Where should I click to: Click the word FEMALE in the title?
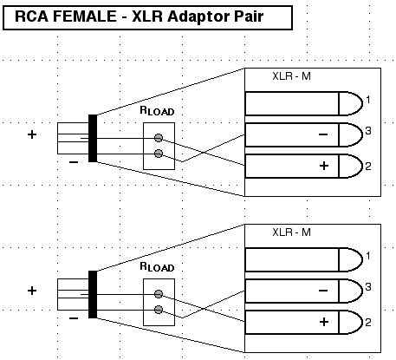pyautogui.click(x=84, y=16)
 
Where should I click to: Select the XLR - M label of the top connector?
pyautogui.click(x=291, y=76)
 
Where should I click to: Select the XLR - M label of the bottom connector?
pyautogui.click(x=291, y=232)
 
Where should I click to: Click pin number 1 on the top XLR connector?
pyautogui.click(x=367, y=100)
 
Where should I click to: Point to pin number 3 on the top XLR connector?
pyautogui.click(x=368, y=131)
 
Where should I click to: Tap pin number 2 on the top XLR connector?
pyautogui.click(x=368, y=167)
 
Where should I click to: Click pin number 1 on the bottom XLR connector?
pyautogui.click(x=367, y=256)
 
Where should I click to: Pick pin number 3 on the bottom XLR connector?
pyautogui.click(x=368, y=287)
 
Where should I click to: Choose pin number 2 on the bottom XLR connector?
pyautogui.click(x=368, y=323)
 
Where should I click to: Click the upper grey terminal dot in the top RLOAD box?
pyautogui.click(x=159, y=138)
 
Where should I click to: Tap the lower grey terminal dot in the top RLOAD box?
pyautogui.click(x=159, y=154)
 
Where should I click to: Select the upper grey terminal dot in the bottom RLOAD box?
pyautogui.click(x=159, y=294)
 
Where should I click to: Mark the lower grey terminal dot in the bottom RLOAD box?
pyautogui.click(x=159, y=310)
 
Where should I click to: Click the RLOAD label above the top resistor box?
pyautogui.click(x=157, y=111)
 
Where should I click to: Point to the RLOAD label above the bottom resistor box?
pyautogui.click(x=157, y=267)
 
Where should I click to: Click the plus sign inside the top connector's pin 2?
pyautogui.click(x=324, y=166)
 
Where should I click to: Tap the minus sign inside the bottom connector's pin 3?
pyautogui.click(x=323, y=291)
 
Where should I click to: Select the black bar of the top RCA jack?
pyautogui.click(x=93, y=138)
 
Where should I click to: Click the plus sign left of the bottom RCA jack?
pyautogui.click(x=32, y=291)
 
